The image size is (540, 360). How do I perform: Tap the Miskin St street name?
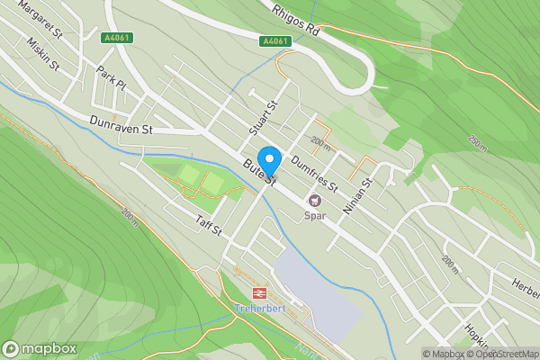tap(42, 55)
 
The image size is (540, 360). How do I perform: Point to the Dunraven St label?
tap(122, 125)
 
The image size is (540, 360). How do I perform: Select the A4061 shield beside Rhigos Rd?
tap(275, 41)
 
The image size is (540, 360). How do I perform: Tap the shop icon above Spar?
tap(315, 200)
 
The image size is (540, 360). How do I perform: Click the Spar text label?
tap(315, 216)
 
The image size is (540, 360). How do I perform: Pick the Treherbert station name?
tap(259, 309)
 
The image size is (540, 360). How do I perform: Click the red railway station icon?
tap(259, 292)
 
